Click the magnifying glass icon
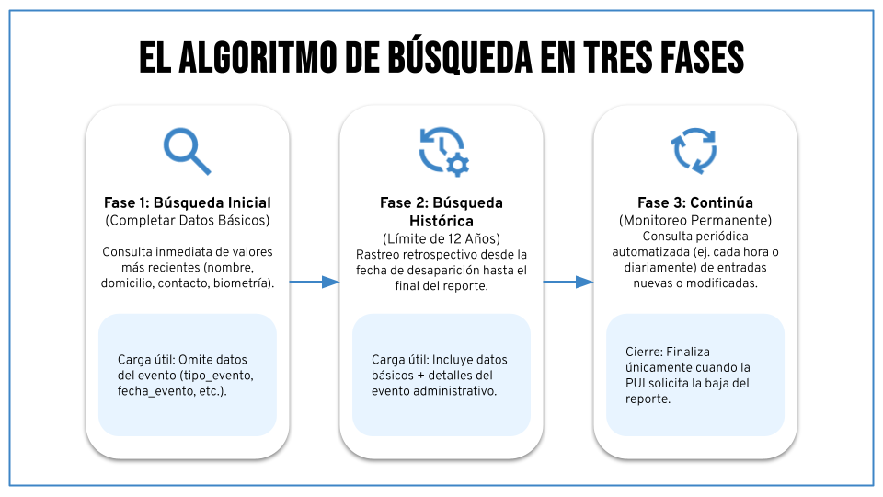tap(187, 151)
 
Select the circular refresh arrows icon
tap(695, 151)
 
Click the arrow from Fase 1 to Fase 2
tap(315, 283)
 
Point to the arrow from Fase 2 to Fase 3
tap(568, 283)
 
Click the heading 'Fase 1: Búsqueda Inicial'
tap(187, 202)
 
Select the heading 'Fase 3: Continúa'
tap(694, 202)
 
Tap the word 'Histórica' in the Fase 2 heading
tap(441, 222)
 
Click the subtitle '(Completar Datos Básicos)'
tap(187, 221)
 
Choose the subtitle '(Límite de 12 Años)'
tap(441, 239)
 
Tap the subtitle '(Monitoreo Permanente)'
tap(694, 221)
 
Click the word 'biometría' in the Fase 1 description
tap(241, 283)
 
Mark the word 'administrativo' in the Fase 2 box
tap(455, 392)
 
